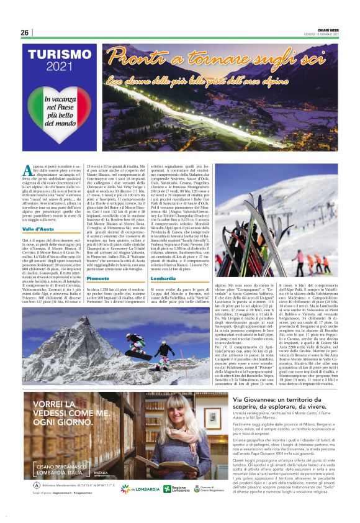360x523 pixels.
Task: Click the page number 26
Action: (x=24, y=32)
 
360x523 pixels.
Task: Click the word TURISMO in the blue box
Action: (x=60, y=54)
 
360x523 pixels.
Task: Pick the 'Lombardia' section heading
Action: (x=164, y=279)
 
